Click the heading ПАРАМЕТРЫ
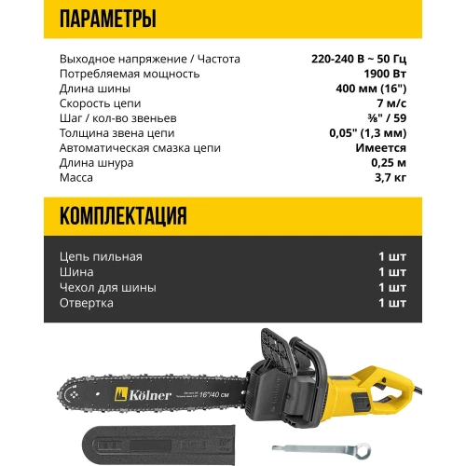[x=106, y=19]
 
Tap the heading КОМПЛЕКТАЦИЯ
[x=123, y=217]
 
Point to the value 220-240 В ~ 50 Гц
[x=359, y=59]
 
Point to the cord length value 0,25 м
[x=387, y=162]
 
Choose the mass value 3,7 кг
[x=389, y=177]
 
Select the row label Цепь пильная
[x=100, y=256]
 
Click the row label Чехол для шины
[x=106, y=287]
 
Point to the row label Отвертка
[x=87, y=303]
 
